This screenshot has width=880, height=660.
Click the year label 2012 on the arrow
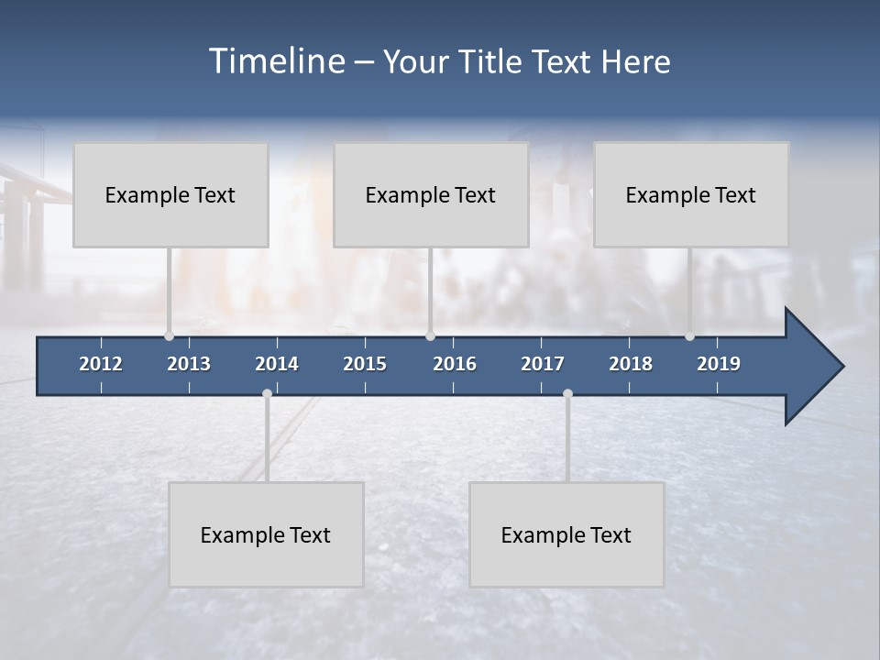[101, 364]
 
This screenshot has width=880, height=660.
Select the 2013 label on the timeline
[189, 364]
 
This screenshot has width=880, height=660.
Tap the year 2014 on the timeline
[277, 364]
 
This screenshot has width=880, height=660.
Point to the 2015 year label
[365, 364]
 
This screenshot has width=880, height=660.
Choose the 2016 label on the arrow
[455, 364]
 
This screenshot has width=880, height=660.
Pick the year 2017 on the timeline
[543, 364]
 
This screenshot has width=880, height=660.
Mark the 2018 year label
[631, 364]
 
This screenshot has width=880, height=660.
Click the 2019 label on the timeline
[719, 364]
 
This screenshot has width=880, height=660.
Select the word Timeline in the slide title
[276, 61]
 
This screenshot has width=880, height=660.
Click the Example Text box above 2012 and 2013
[170, 194]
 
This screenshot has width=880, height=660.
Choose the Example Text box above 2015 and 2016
[431, 194]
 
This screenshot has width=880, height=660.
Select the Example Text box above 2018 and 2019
[691, 194]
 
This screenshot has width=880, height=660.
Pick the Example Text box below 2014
[266, 534]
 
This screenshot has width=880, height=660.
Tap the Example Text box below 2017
[566, 534]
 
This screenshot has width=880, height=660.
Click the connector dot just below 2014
[267, 394]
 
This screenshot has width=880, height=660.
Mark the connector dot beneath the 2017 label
[567, 394]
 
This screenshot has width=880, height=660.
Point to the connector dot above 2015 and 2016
[430, 336]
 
